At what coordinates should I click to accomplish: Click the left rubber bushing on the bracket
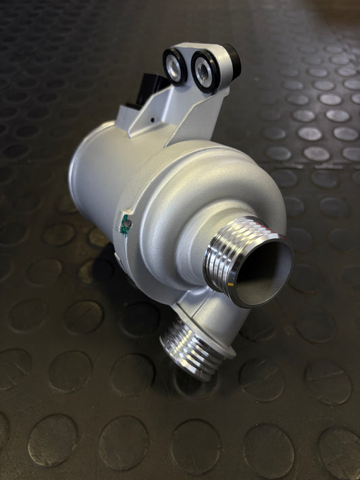point(174,65)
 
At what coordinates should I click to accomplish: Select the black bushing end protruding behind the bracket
point(231,59)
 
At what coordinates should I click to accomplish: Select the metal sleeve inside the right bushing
point(203,68)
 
